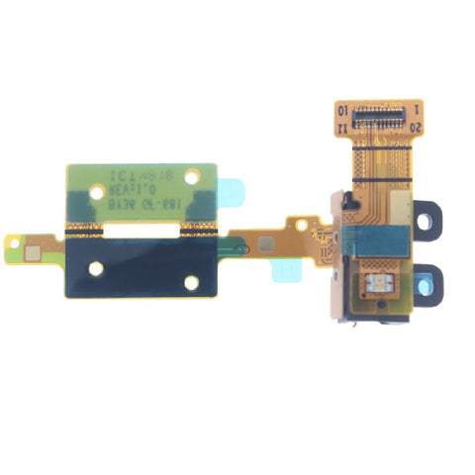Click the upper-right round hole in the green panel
[x=192, y=175]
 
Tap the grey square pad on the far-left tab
[x=32, y=249]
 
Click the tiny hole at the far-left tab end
[x=15, y=239]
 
